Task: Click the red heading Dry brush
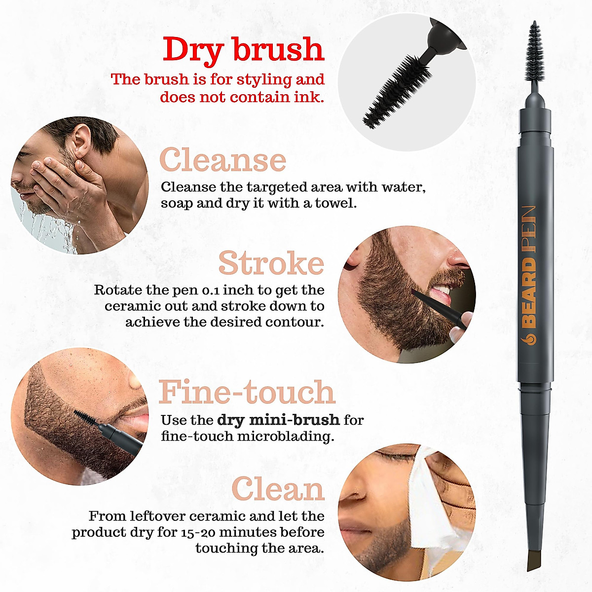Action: [243, 50]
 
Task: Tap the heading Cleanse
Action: [222, 160]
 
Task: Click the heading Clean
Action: [278, 489]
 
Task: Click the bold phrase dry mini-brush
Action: [278, 420]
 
